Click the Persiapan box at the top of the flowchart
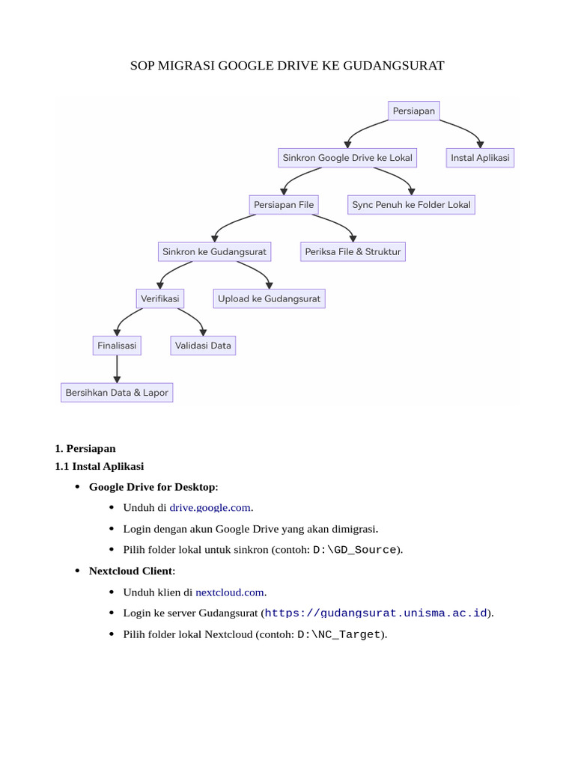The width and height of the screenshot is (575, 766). click(413, 111)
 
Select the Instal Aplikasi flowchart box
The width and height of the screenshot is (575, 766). click(480, 158)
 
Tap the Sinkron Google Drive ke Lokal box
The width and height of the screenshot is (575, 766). click(347, 158)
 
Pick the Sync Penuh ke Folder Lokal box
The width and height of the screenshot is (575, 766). click(411, 204)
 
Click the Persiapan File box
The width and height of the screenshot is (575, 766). click(284, 204)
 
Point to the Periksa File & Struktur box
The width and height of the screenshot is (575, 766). click(353, 252)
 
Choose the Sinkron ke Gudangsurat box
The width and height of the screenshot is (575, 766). click(214, 252)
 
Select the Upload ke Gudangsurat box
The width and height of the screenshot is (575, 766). click(269, 298)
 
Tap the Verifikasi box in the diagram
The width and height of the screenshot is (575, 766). click(159, 298)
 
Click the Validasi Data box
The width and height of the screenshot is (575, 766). click(203, 346)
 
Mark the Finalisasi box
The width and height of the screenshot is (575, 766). click(117, 346)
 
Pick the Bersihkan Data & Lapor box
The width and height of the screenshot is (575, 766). click(117, 392)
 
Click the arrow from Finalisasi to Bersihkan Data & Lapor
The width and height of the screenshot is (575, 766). click(117, 369)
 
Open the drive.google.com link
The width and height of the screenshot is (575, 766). click(210, 508)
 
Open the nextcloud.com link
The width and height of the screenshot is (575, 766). click(230, 592)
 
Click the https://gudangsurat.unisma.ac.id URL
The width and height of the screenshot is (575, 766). click(376, 613)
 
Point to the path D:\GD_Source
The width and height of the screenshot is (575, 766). click(354, 551)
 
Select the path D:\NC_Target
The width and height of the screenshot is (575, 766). click(339, 635)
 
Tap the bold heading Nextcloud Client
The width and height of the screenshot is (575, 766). click(131, 572)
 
